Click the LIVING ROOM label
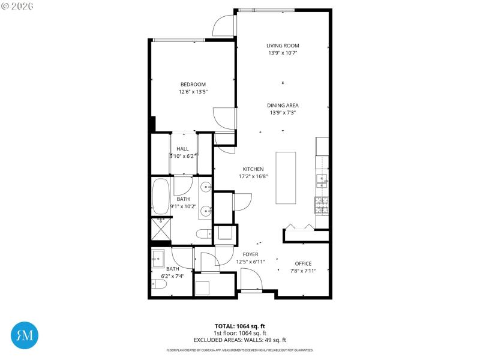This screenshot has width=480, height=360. [x=283, y=46]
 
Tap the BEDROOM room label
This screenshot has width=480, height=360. [x=193, y=84]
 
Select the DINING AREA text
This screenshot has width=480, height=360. [x=283, y=106]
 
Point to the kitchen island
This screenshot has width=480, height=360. [x=286, y=178]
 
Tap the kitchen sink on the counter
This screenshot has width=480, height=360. [x=322, y=178]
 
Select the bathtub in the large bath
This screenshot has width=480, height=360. [x=161, y=197]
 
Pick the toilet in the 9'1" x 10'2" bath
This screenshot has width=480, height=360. [x=204, y=233]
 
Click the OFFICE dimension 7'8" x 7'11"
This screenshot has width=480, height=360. [x=302, y=271]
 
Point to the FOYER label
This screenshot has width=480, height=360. [x=250, y=254]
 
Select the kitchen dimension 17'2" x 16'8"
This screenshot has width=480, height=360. [x=253, y=176]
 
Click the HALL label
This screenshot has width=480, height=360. [x=182, y=149]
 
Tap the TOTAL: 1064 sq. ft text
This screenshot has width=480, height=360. [x=240, y=326]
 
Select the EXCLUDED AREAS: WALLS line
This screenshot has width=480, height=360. [x=240, y=340]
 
